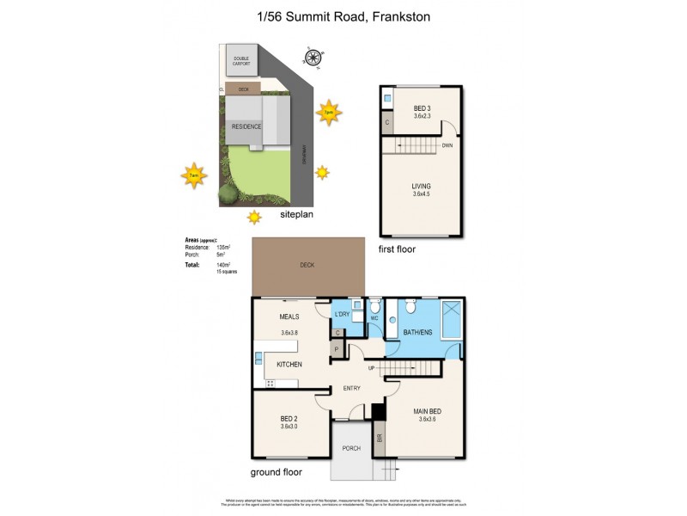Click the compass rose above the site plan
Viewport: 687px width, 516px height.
click(314, 58)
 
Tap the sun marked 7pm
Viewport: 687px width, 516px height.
click(328, 112)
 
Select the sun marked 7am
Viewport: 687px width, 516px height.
click(194, 175)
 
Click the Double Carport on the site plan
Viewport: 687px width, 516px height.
click(241, 64)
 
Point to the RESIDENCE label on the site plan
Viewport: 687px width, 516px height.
click(246, 127)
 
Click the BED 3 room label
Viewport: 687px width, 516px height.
click(422, 107)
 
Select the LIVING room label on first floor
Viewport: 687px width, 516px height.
click(421, 186)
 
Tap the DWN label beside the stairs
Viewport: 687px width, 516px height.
click(447, 145)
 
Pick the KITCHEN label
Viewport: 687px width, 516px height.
click(289, 365)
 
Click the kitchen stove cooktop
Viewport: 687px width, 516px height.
click(270, 383)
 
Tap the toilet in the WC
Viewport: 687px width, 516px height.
click(374, 307)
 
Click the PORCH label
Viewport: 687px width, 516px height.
click(350, 447)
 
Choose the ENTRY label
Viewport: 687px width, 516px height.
click(353, 388)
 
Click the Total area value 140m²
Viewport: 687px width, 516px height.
click(224, 265)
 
